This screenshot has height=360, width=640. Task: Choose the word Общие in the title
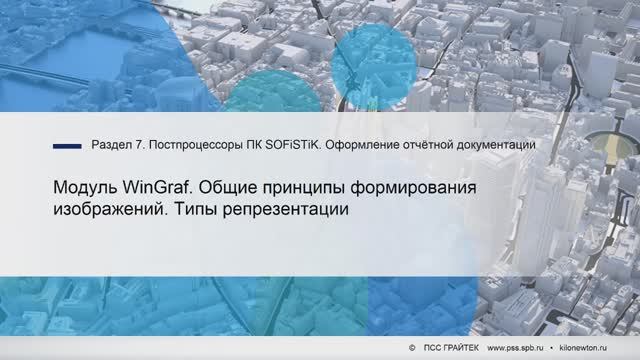[x=243, y=189]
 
